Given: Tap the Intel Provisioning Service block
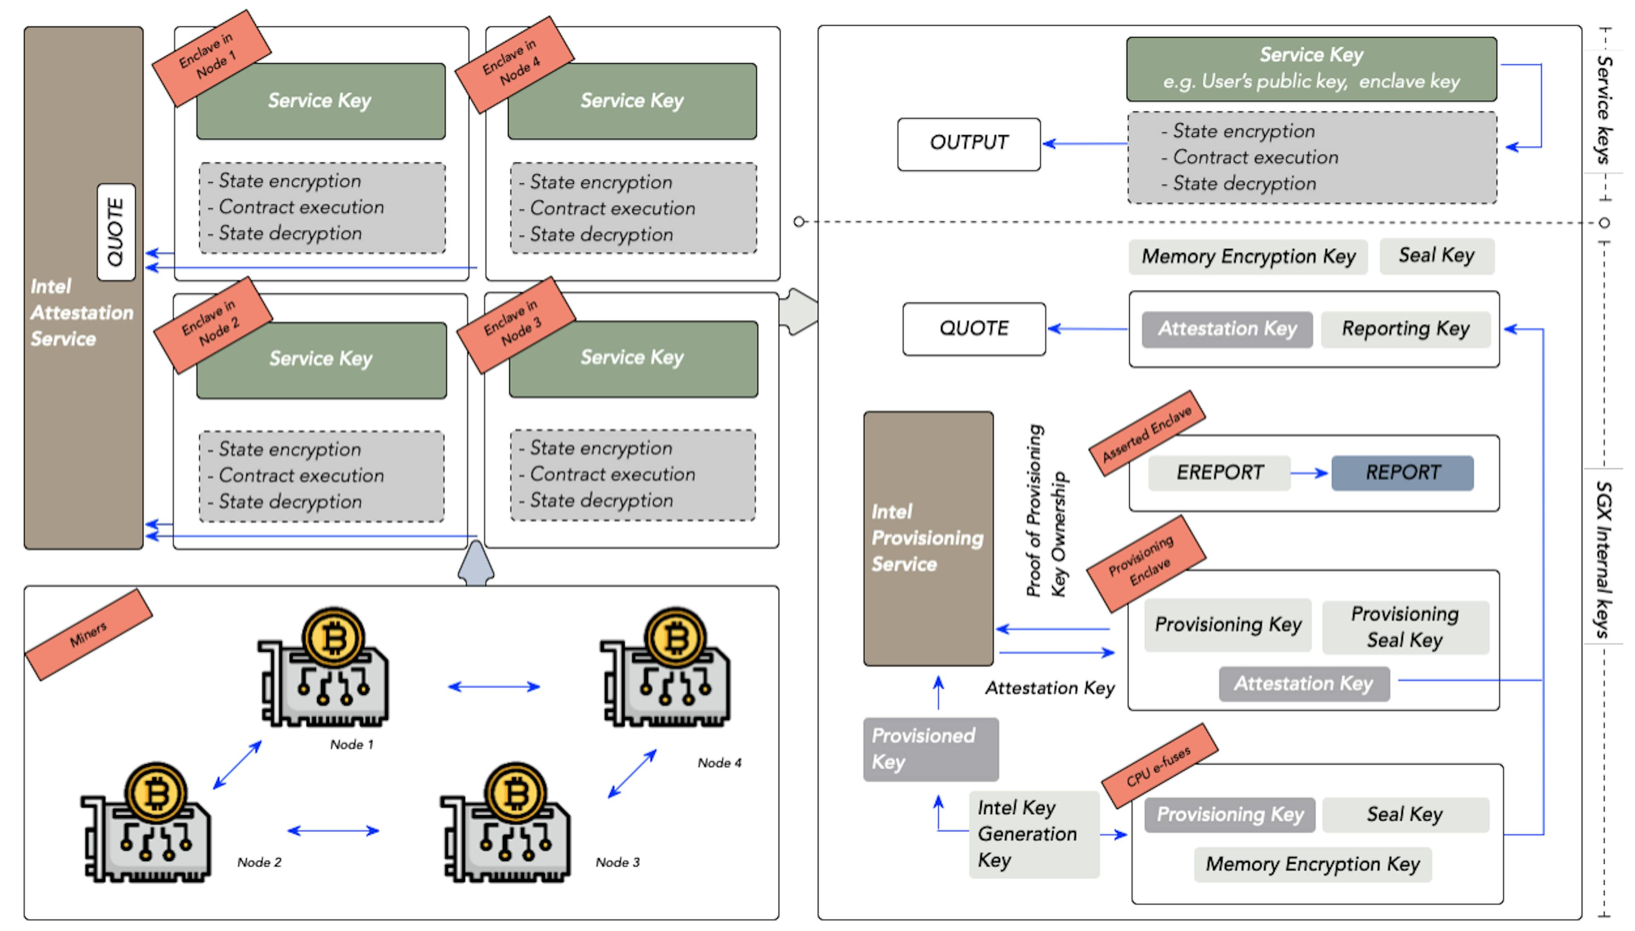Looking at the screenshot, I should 928,539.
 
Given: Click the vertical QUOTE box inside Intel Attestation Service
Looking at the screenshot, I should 116,232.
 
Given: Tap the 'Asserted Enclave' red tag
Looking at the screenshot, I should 1147,433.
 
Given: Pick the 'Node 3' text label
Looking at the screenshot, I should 617,862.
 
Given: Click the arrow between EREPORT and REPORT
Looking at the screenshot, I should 1310,473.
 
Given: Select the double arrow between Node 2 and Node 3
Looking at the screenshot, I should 333,831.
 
